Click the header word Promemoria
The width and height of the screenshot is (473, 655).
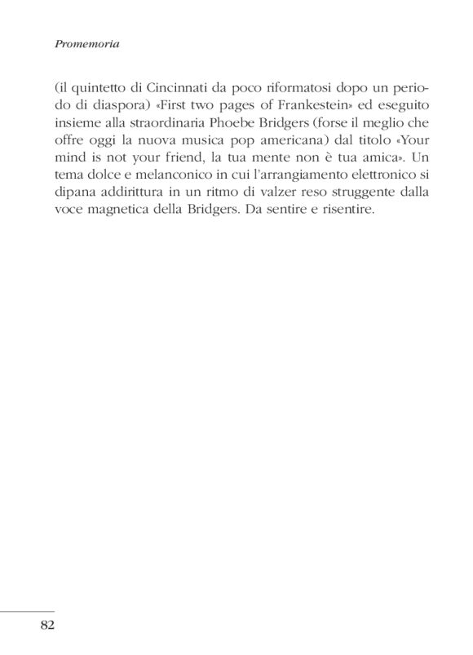(x=86, y=45)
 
